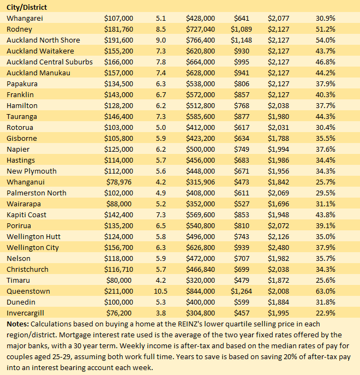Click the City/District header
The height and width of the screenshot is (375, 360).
(x=27, y=7)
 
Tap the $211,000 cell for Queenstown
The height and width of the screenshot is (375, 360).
(x=118, y=291)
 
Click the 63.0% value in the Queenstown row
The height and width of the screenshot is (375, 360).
(x=326, y=291)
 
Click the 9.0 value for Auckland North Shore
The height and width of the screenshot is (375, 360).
(x=160, y=40)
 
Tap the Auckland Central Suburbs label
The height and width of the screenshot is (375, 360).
(x=50, y=62)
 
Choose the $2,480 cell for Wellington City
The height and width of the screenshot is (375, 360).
(x=278, y=247)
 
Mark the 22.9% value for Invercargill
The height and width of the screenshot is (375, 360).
(x=326, y=313)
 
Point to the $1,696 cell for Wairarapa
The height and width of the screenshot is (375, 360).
(x=278, y=204)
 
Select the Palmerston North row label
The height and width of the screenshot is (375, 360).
(x=37, y=193)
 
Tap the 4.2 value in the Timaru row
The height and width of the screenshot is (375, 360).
(x=160, y=280)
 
